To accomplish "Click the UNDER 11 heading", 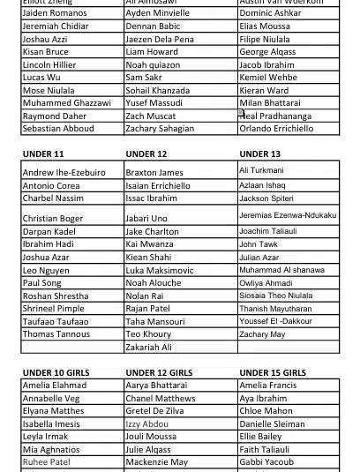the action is click(43, 154).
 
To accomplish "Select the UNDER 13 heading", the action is click(259, 154).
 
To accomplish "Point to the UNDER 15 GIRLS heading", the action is click(273, 373).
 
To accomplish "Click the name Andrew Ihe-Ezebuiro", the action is click(64, 173).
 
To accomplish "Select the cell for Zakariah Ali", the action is click(148, 348).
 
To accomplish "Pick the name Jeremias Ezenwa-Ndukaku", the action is click(288, 215).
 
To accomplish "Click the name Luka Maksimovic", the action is click(159, 271).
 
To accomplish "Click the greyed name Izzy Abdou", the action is click(146, 424).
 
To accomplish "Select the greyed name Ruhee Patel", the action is click(46, 462).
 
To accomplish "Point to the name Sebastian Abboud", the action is click(58, 129).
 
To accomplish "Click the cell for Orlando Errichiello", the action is click(276, 129).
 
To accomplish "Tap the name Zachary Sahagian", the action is click(160, 129).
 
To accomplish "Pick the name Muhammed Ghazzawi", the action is click(66, 103).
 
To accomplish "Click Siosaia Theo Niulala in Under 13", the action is click(275, 296).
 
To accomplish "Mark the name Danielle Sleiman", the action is click(272, 424).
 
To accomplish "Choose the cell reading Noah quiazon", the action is click(152, 65).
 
